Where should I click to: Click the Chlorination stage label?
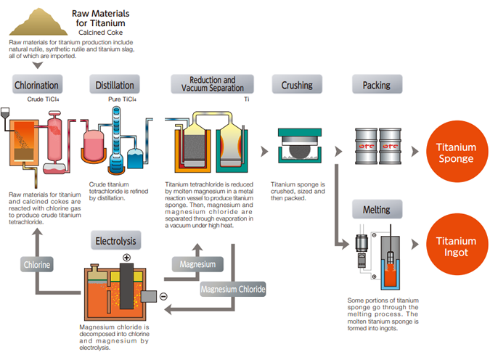36,85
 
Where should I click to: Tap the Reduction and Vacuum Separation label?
212,84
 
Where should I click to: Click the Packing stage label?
377,85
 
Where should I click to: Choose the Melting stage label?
377,210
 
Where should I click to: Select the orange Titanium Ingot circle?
456,247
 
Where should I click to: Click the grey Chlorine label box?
36,265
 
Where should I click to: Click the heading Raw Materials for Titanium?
102,18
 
